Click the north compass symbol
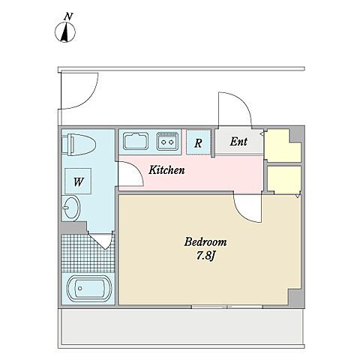pyautogui.click(x=65, y=32)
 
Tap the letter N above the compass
pyautogui.click(x=68, y=16)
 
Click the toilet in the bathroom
pyautogui.click(x=79, y=145)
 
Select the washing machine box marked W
pyautogui.click(x=78, y=181)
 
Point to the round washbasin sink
pyautogui.click(x=70, y=208)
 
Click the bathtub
pyautogui.click(x=88, y=289)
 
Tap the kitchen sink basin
pyautogui.click(x=136, y=141)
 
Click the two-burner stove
pyautogui.click(x=167, y=142)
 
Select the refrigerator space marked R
pyautogui.click(x=198, y=142)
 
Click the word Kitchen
pyautogui.click(x=166, y=170)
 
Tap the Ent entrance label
pyautogui.click(x=238, y=142)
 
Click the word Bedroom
pyautogui.click(x=205, y=242)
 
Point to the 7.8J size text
pyautogui.click(x=205, y=256)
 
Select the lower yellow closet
pyautogui.click(x=284, y=179)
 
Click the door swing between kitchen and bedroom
pyautogui.click(x=247, y=208)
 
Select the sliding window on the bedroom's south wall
pyautogui.click(x=226, y=307)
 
